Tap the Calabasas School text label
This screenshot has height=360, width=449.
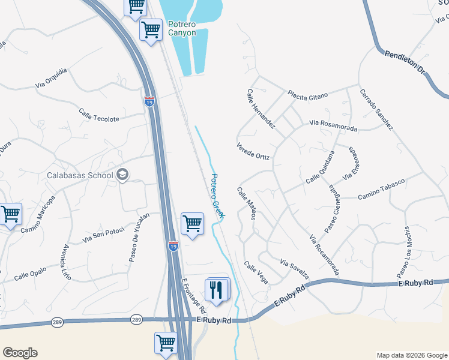coord(80,175)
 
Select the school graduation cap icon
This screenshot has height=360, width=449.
coord(123,175)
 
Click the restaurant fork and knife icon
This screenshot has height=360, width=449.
coord(217,290)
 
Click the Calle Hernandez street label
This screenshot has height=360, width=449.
coord(261,109)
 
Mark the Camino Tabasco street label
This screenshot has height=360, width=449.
coord(382,189)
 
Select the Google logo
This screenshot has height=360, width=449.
coord(20,353)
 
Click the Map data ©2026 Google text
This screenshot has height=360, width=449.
coord(411,355)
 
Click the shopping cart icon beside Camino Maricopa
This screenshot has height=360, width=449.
coord(10,214)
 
